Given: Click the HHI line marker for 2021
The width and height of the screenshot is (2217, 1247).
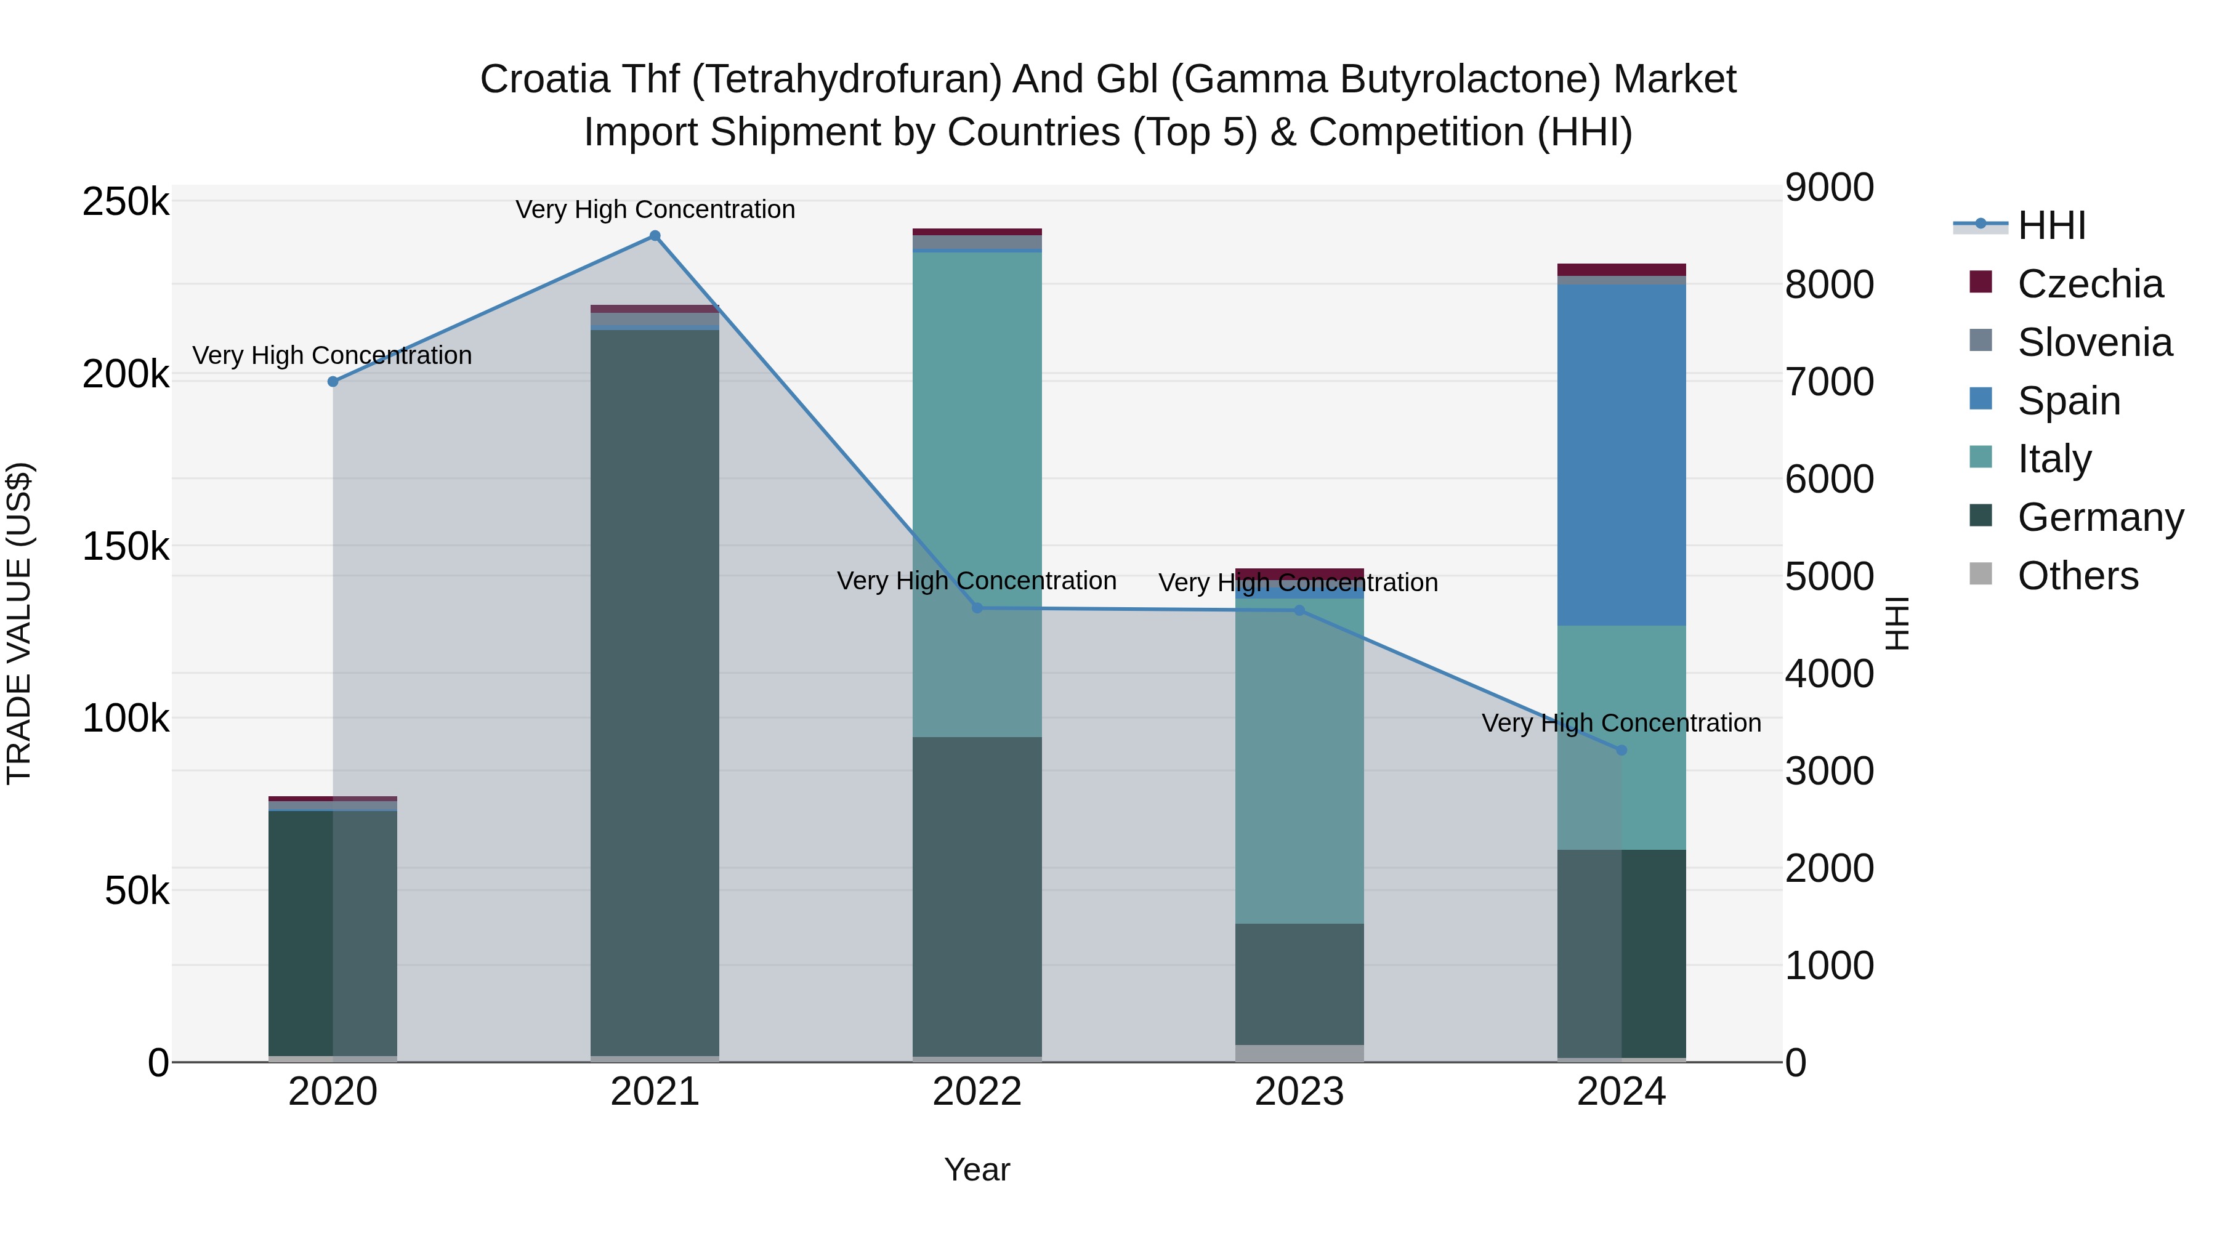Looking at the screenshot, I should pos(655,236).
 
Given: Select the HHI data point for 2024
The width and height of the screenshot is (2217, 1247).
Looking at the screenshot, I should pos(1621,751).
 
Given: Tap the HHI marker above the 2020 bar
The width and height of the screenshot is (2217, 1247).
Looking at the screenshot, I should pos(333,381).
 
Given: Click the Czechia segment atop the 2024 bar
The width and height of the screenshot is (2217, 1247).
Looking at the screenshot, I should pos(1621,269).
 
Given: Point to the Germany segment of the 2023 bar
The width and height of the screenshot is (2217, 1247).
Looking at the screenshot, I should pos(1299,985).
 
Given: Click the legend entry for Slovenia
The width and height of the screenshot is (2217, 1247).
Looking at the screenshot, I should pos(2094,342).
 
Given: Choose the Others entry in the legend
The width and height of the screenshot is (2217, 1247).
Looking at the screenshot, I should pos(2077,576).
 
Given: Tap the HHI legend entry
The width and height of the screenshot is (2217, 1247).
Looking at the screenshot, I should pos(2051,225).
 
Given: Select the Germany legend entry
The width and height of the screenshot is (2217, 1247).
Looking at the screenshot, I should pos(2100,517).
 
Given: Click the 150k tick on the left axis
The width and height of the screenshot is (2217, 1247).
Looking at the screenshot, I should pos(126,546).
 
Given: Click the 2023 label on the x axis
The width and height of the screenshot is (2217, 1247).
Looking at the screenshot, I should pos(1299,1092).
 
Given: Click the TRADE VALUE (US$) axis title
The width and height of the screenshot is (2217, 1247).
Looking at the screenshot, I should pos(19,623).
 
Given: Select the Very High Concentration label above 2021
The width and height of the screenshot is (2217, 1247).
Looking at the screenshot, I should pos(655,209).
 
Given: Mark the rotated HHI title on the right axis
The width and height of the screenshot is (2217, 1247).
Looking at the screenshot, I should pos(1896,623).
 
